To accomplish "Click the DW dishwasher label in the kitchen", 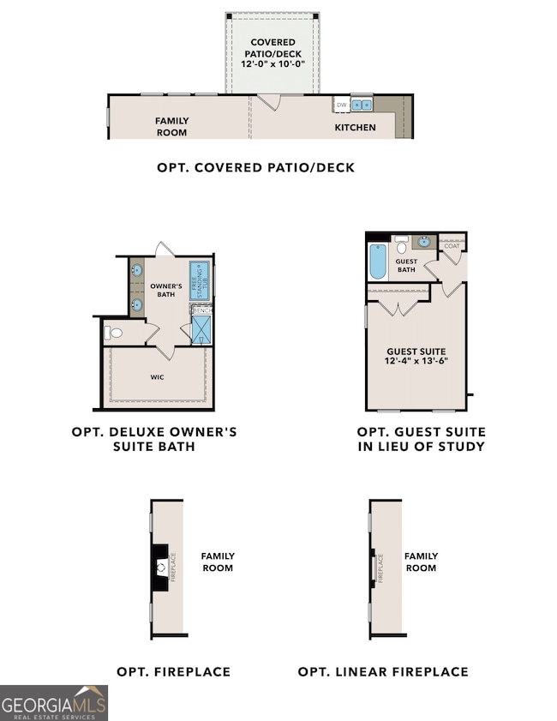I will (341, 105).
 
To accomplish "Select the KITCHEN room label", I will (355, 127).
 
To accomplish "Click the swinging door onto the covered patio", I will (269, 102).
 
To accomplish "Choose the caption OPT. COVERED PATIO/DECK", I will (255, 167).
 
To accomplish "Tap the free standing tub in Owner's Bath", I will (198, 279).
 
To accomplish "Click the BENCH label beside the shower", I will (202, 309).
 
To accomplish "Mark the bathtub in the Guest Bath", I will (378, 262).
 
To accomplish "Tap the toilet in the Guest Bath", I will (401, 248).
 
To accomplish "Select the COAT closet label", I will (452, 246).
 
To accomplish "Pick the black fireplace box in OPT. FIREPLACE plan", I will (159, 567).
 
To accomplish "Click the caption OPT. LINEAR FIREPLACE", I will (383, 671).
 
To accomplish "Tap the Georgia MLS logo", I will (54, 702).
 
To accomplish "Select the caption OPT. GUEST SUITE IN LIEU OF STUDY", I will (421, 439).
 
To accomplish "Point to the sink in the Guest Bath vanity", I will (424, 242).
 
